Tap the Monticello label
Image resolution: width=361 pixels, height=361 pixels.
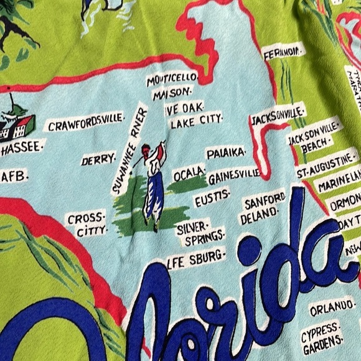point(172,80)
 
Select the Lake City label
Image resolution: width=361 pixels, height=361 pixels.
point(196,120)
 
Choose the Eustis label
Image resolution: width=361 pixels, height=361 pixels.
point(212,200)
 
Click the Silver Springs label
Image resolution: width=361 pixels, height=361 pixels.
point(199,231)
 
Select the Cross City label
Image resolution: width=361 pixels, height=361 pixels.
point(87,225)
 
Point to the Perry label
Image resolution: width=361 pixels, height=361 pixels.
point(98,160)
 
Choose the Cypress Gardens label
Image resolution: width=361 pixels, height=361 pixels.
point(322,333)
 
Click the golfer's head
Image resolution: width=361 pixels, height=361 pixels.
point(146,151)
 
